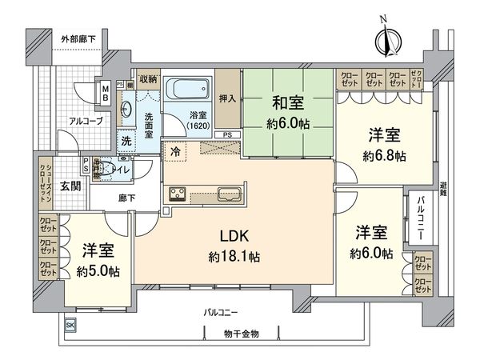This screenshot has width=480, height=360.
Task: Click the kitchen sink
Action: [227, 194]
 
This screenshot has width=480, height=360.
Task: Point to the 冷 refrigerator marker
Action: [174, 150]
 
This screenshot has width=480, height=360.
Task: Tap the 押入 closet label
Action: [228, 98]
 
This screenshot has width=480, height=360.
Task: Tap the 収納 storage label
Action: [147, 78]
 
